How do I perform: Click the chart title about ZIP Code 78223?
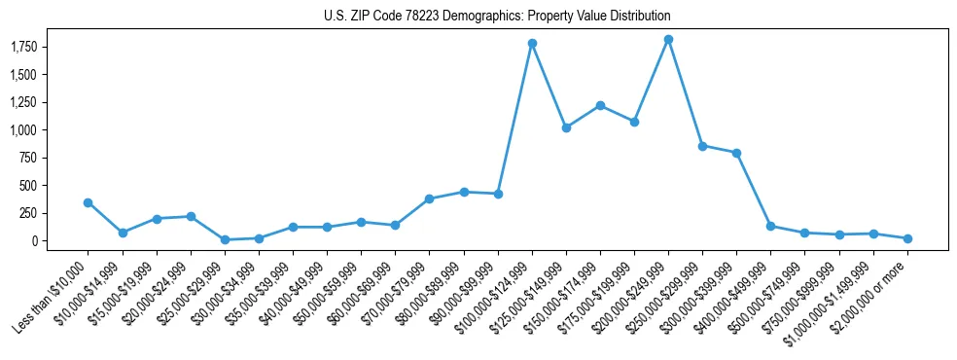tap(497, 17)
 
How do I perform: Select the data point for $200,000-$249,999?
tap(668, 39)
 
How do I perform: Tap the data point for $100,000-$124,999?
tap(532, 43)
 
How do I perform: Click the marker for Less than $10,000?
tap(88, 202)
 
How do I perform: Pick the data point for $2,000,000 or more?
tap(907, 238)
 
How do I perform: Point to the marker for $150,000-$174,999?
tap(600, 105)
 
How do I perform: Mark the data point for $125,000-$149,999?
tap(566, 127)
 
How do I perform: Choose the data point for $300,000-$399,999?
tap(736, 153)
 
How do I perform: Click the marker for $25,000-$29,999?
tap(225, 239)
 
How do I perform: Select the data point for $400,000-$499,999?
tap(770, 226)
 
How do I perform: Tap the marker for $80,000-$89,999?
tap(464, 192)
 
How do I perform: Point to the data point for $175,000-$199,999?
tap(634, 122)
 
